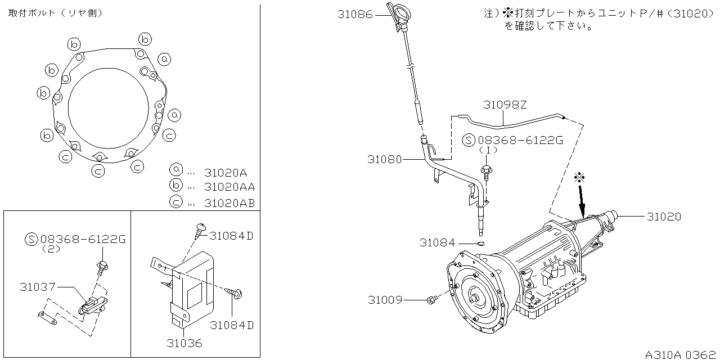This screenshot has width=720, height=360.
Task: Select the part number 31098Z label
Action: pyautogui.click(x=505, y=105)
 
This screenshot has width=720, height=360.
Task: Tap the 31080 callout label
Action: pyautogui.click(x=385, y=159)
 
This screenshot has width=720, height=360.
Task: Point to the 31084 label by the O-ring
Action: pyautogui.click(x=436, y=242)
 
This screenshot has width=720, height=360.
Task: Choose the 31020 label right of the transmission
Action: pyautogui.click(x=664, y=216)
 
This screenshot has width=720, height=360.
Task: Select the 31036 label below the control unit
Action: pyautogui.click(x=184, y=343)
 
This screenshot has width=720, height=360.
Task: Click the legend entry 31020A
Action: pyautogui.click(x=225, y=172)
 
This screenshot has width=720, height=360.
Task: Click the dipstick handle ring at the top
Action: pyautogui.click(x=400, y=13)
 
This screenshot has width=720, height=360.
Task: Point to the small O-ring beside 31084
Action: pyautogui.click(x=480, y=244)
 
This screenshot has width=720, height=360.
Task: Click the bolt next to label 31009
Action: pyautogui.click(x=432, y=301)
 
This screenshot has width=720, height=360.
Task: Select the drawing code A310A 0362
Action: pyautogui.click(x=681, y=354)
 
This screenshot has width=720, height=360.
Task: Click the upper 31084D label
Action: pyautogui.click(x=231, y=236)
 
